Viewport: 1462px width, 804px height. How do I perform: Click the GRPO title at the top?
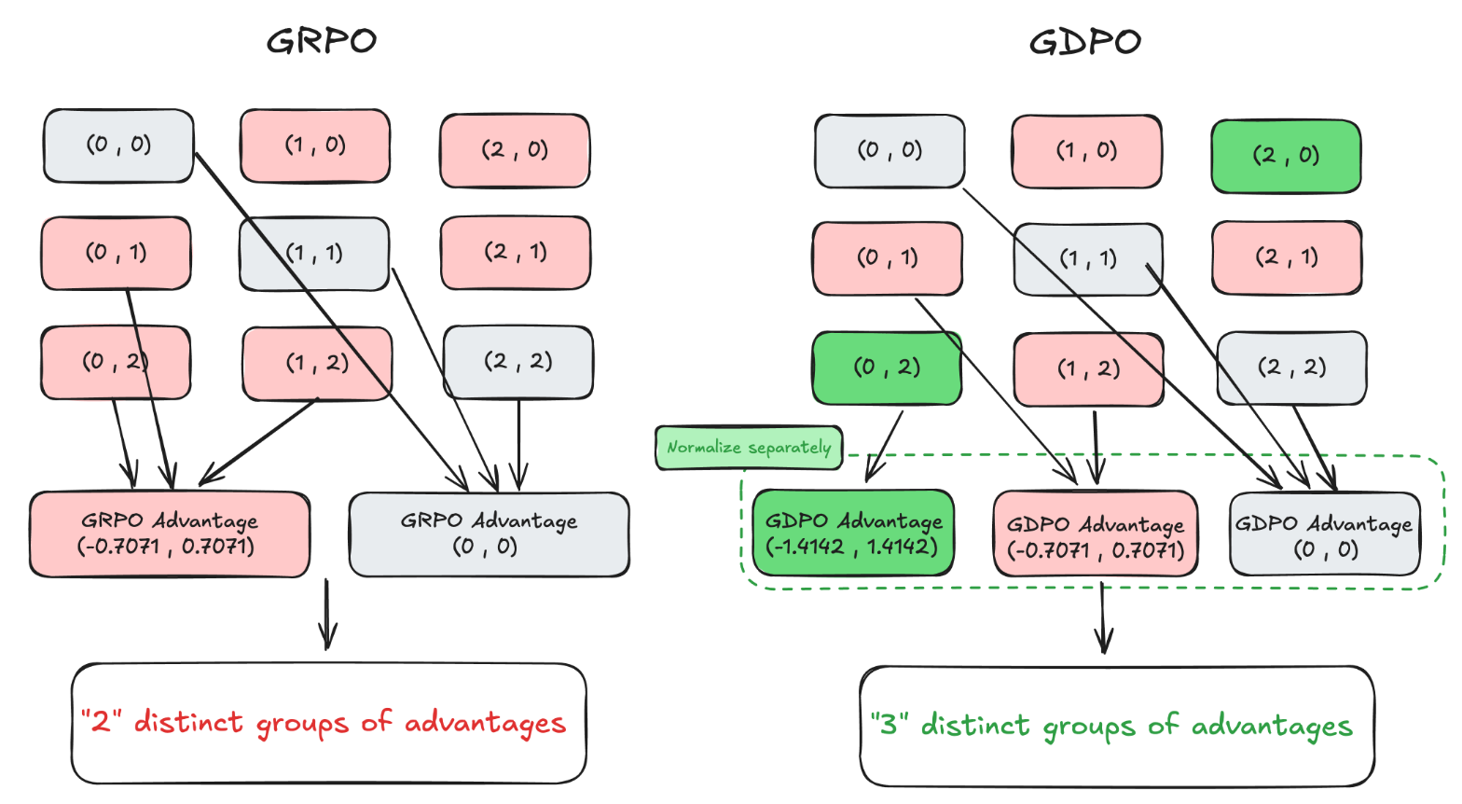click(322, 41)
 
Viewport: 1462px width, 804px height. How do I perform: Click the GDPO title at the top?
click(1085, 42)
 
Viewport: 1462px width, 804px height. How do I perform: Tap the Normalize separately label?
click(749, 448)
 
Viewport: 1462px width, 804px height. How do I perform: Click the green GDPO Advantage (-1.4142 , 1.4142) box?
click(852, 534)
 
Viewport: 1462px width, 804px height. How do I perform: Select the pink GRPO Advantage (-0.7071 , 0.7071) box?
click(169, 534)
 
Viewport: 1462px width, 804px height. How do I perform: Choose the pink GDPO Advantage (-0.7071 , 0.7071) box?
click(1096, 535)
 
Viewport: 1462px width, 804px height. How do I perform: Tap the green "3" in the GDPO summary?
click(890, 724)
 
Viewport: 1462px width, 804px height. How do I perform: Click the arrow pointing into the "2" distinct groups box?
click(326, 616)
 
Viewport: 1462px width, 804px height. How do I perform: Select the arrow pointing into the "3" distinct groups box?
click(1103, 618)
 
